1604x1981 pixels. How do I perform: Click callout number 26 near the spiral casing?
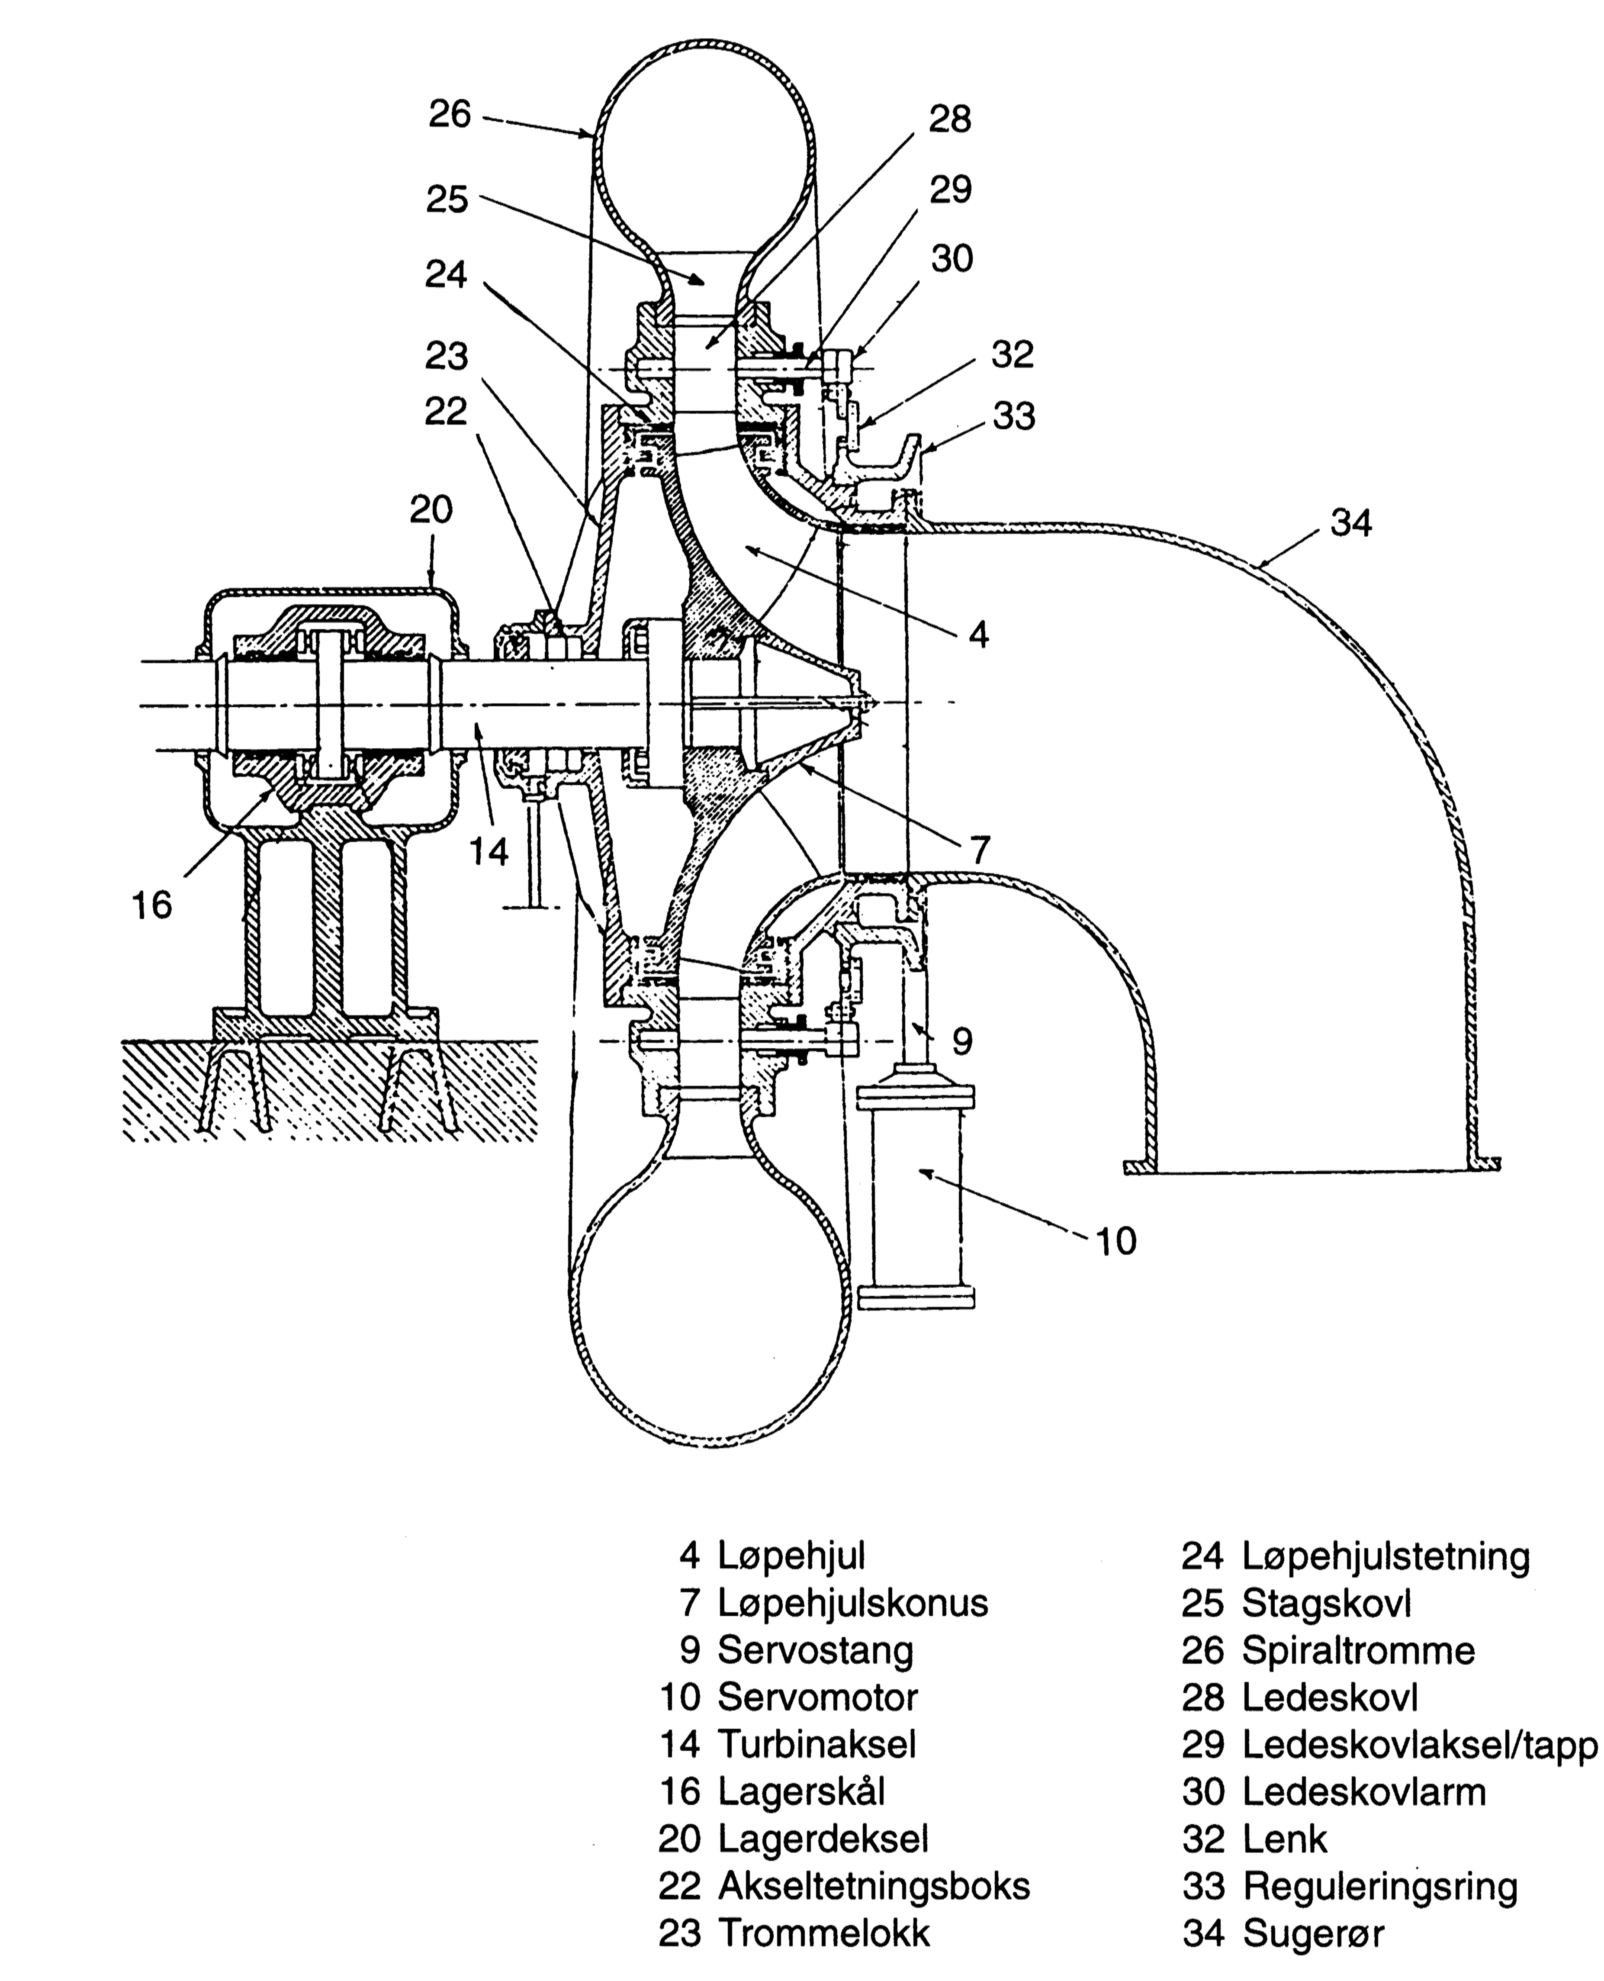point(450,115)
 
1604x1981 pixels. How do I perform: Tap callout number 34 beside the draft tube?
point(1351,524)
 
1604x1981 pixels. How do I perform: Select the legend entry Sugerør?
point(1313,1933)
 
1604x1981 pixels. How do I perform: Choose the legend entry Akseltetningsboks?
point(873,1886)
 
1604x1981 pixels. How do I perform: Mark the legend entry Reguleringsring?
point(1380,1886)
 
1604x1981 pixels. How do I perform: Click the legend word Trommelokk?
point(823,1933)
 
